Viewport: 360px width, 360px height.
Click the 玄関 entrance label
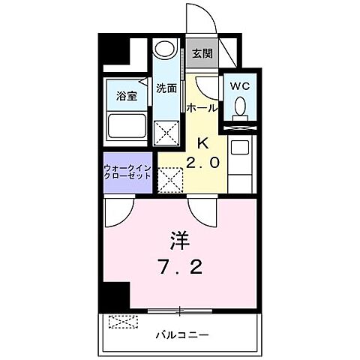tap(201, 53)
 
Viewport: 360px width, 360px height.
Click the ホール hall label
tap(202, 108)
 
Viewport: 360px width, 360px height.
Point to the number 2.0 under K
tap(203, 163)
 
